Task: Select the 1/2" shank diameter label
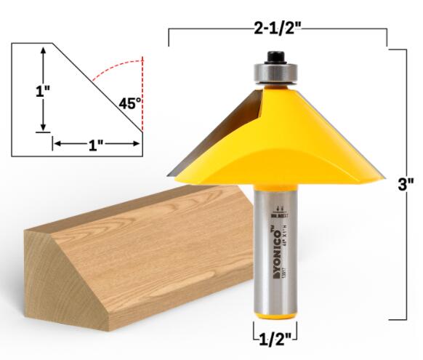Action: tap(276, 337)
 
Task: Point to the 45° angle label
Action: tap(129, 103)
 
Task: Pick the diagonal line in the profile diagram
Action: tap(94, 87)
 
